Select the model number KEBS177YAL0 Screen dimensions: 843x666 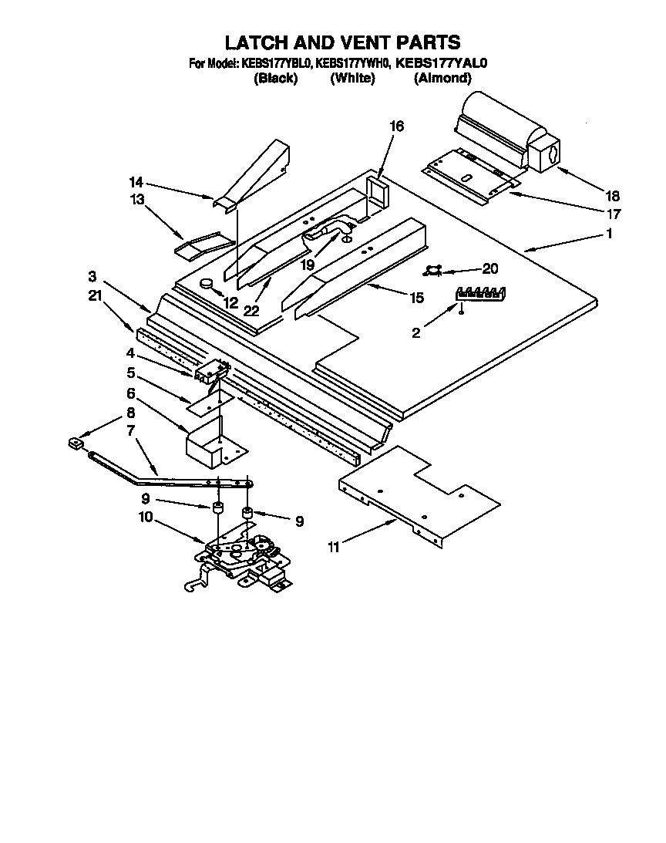click(x=442, y=64)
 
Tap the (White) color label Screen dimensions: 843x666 click(x=352, y=78)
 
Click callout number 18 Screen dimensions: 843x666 click(x=611, y=196)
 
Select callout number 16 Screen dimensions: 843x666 click(x=397, y=126)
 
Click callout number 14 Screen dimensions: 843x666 click(x=136, y=183)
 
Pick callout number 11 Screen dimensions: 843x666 click(x=333, y=547)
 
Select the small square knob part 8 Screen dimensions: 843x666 click(x=76, y=443)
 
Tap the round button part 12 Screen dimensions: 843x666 click(x=207, y=285)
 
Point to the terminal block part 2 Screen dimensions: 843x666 click(x=480, y=293)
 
